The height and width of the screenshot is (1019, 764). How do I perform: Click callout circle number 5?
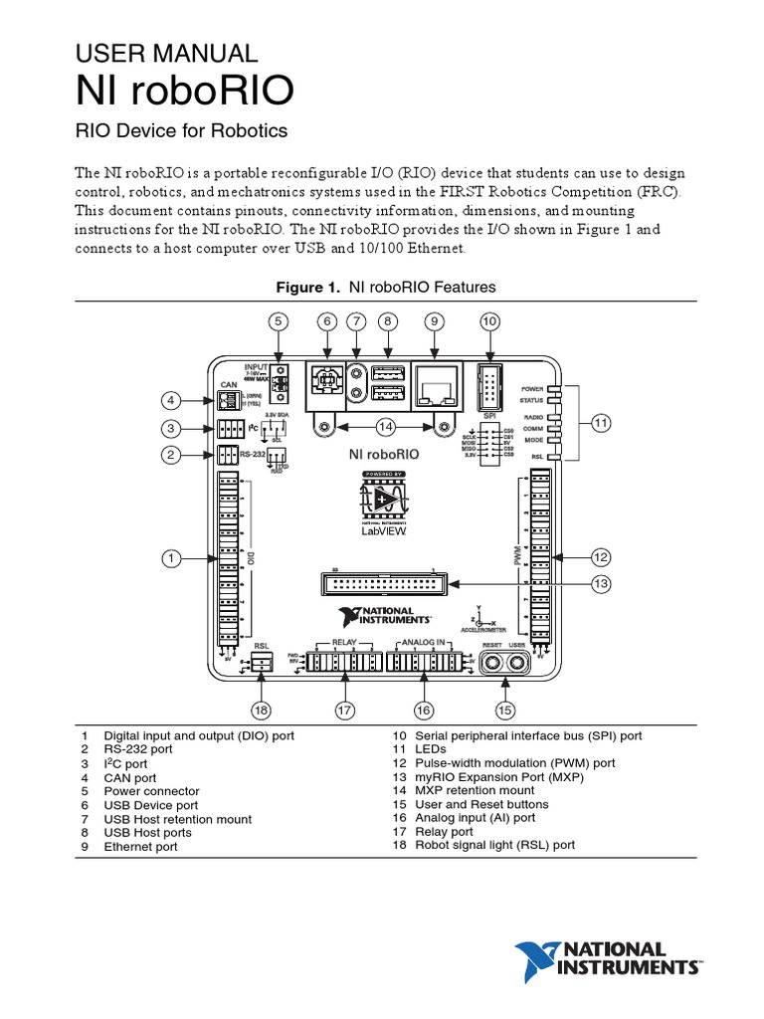click(x=280, y=320)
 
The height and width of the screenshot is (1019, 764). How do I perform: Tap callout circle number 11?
click(x=600, y=423)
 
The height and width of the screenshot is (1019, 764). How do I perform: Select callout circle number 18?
click(x=261, y=710)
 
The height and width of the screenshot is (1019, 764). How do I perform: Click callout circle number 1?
click(x=171, y=559)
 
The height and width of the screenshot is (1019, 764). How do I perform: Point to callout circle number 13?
click(x=600, y=584)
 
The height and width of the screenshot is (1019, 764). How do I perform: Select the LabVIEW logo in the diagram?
click(x=384, y=507)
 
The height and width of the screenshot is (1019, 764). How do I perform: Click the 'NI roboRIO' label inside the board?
click(x=383, y=454)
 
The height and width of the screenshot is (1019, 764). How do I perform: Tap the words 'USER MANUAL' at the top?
click(x=167, y=53)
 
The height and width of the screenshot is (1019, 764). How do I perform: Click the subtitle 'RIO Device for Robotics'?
click(x=182, y=130)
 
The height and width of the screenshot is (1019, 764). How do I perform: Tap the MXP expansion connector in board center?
click(x=383, y=583)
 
